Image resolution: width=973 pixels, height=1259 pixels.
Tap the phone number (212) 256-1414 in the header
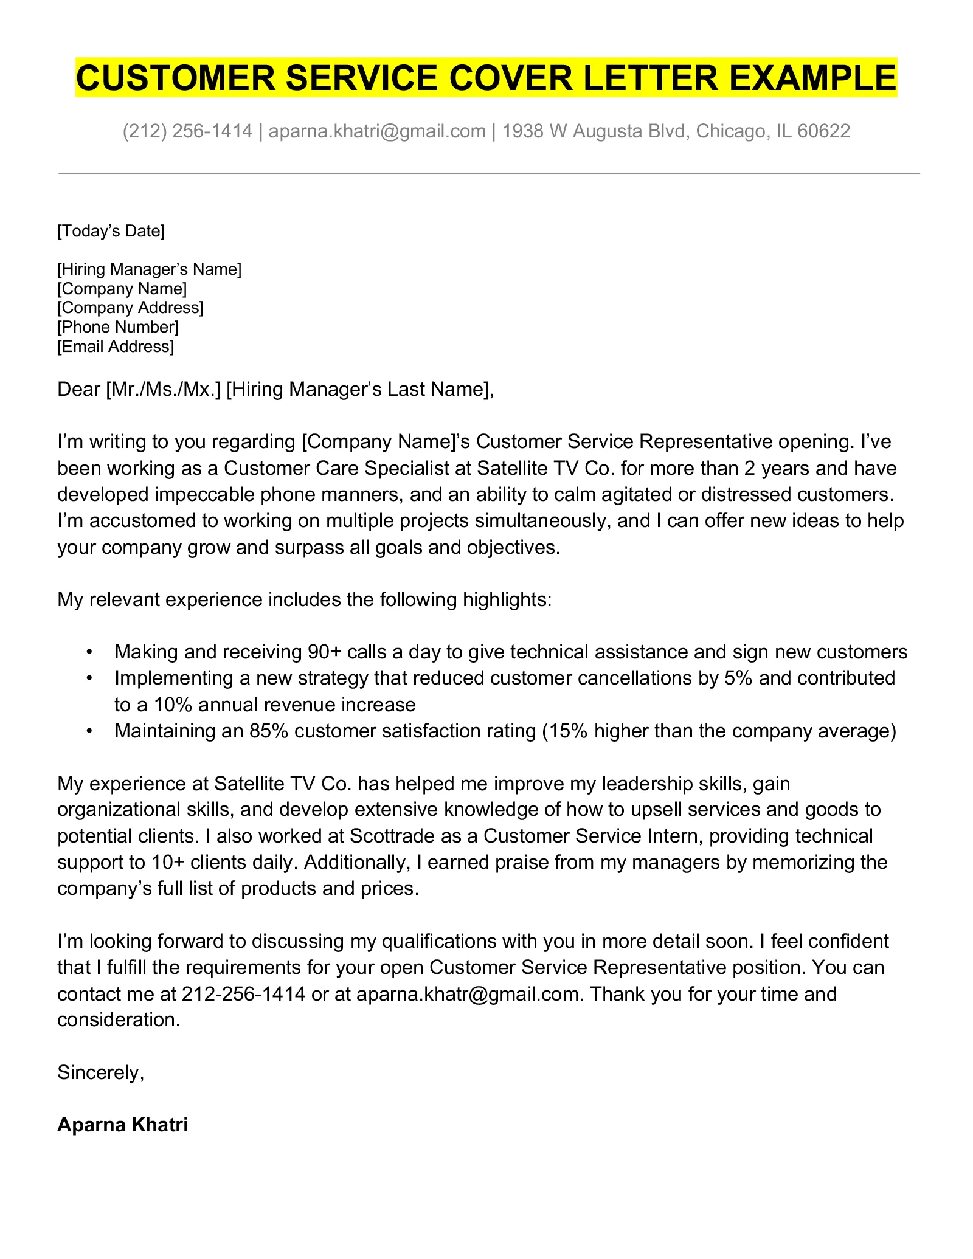[187, 131]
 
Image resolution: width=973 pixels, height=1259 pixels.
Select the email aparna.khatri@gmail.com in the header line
[376, 131]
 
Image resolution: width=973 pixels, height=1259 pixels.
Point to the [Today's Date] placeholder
[111, 231]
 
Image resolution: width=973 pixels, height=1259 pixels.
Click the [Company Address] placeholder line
[130, 308]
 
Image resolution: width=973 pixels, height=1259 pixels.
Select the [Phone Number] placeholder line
[118, 327]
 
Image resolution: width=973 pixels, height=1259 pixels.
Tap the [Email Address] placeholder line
[116, 347]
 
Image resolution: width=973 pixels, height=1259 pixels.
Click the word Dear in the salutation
[78, 389]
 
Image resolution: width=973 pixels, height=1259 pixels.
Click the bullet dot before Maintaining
[89, 731]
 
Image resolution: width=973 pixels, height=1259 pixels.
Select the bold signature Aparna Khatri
[122, 1125]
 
